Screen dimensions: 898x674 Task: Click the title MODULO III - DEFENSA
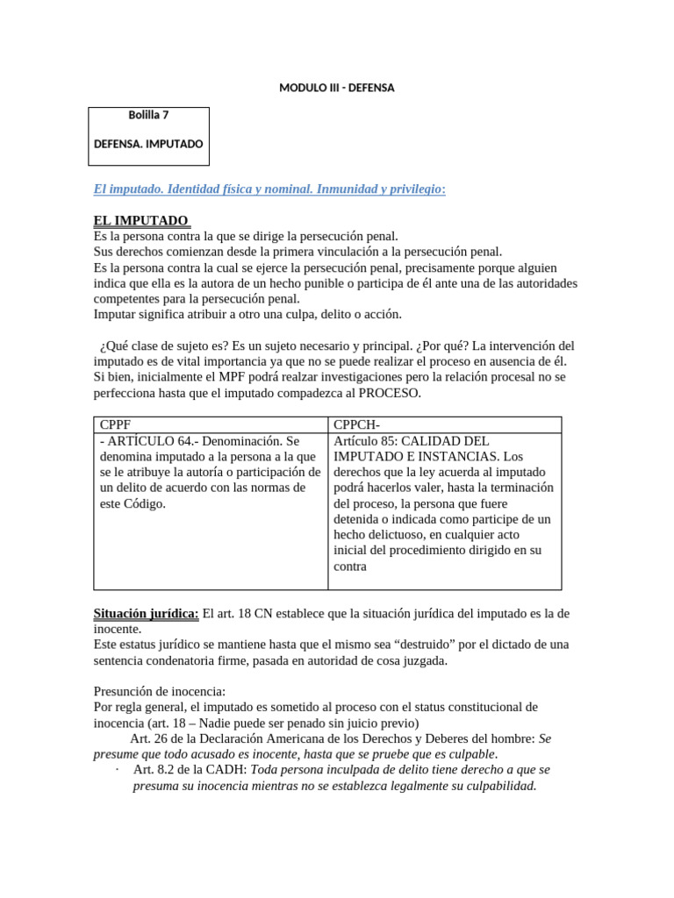tap(336, 88)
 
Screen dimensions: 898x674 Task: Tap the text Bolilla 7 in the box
tap(148, 115)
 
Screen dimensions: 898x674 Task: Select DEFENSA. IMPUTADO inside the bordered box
tap(148, 143)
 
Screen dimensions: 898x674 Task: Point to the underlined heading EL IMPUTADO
tap(140, 220)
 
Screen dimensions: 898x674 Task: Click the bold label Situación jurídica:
tap(147, 614)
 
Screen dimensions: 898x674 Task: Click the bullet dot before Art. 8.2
tap(117, 770)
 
